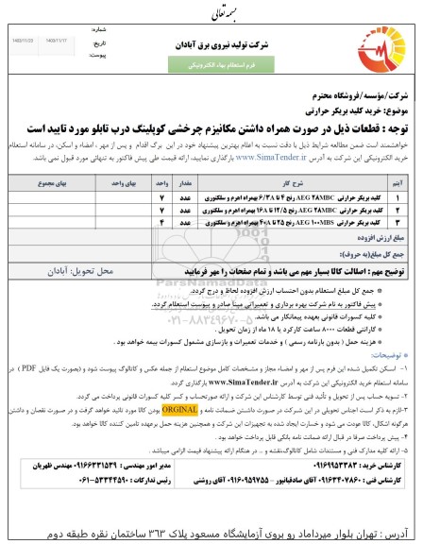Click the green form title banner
click(x=212, y=66)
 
